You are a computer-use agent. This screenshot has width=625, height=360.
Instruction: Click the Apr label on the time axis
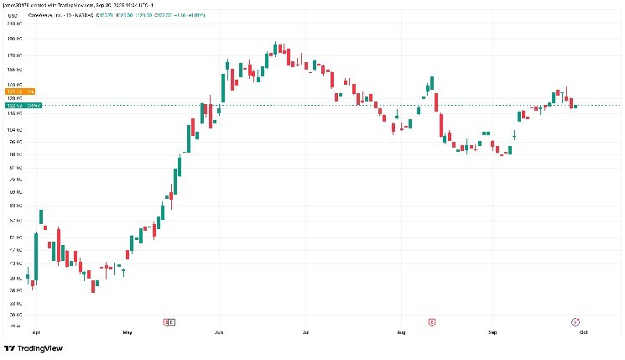pyautogui.click(x=36, y=333)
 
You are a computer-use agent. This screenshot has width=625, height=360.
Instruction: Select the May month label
pyautogui.click(x=127, y=333)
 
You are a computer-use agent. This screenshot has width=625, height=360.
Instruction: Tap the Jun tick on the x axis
pyautogui.click(x=219, y=333)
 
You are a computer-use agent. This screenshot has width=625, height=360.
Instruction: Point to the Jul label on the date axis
pyautogui.click(x=307, y=333)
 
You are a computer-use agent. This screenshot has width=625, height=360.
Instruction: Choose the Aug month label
pyautogui.click(x=401, y=333)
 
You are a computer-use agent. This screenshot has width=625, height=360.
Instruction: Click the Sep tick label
pyautogui.click(x=493, y=333)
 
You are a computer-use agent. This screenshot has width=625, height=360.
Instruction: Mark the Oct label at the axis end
pyautogui.click(x=581, y=333)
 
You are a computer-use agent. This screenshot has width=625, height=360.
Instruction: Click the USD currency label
pyautogui.click(x=12, y=14)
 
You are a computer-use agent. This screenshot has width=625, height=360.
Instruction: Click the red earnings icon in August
pyautogui.click(x=432, y=321)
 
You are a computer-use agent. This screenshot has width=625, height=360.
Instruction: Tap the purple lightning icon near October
pyautogui.click(x=576, y=321)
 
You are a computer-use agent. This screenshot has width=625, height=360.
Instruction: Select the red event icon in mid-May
pyautogui.click(x=167, y=321)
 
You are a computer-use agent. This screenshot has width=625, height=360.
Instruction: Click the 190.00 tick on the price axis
pyautogui.click(x=13, y=39)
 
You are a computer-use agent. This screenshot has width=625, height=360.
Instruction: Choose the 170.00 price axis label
pyautogui.click(x=13, y=55)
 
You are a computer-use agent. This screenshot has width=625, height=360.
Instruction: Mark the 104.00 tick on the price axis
pyautogui.click(x=13, y=130)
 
